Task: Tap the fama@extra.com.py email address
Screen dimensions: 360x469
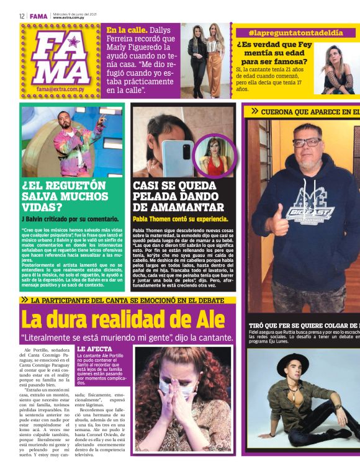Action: click(60, 89)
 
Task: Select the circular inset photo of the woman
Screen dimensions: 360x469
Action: click(214, 156)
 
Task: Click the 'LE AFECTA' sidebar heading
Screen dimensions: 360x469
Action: click(95, 349)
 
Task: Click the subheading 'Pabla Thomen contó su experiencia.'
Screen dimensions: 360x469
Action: click(180, 219)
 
